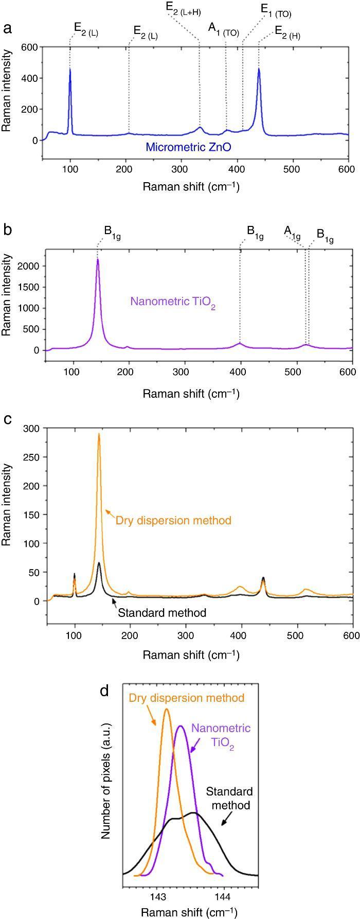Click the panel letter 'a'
pyautogui.click(x=7, y=29)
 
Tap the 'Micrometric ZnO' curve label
pyautogui.click(x=188, y=147)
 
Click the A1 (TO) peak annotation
pyautogui.click(x=223, y=29)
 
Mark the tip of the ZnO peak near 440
pyautogui.click(x=259, y=69)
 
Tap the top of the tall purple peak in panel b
pyautogui.click(x=97, y=259)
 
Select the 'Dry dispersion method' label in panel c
pyautogui.click(x=173, y=520)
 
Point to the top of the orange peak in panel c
pyautogui.click(x=99, y=434)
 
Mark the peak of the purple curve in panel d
pyautogui.click(x=180, y=726)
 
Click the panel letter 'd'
pyautogui.click(x=104, y=691)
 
